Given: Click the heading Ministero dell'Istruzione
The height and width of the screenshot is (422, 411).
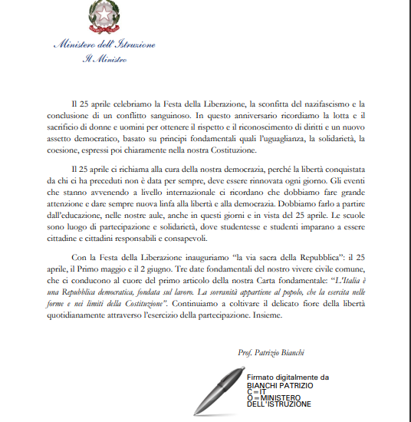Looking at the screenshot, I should coord(104,45).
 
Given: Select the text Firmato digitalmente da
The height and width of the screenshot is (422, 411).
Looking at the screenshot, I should coord(287,377).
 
